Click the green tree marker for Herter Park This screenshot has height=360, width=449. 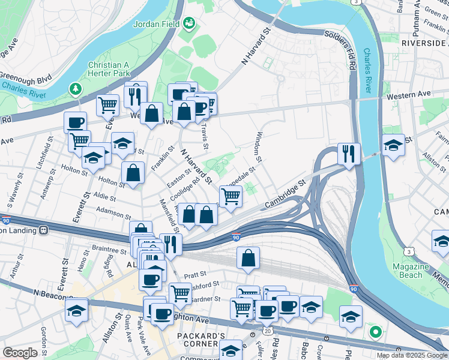(x=76, y=89)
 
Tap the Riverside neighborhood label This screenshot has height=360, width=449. (x=424, y=43)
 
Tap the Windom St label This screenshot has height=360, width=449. (x=260, y=147)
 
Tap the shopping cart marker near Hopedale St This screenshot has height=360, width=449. (x=231, y=195)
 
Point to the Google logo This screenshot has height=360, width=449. (x=20, y=353)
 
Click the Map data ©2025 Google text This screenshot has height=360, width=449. (x=412, y=355)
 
